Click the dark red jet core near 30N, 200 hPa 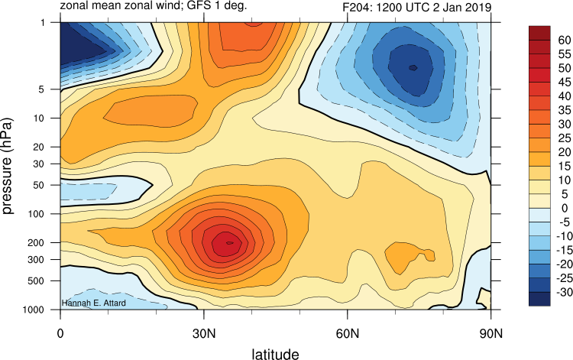[226, 243]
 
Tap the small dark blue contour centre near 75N [413, 67]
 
